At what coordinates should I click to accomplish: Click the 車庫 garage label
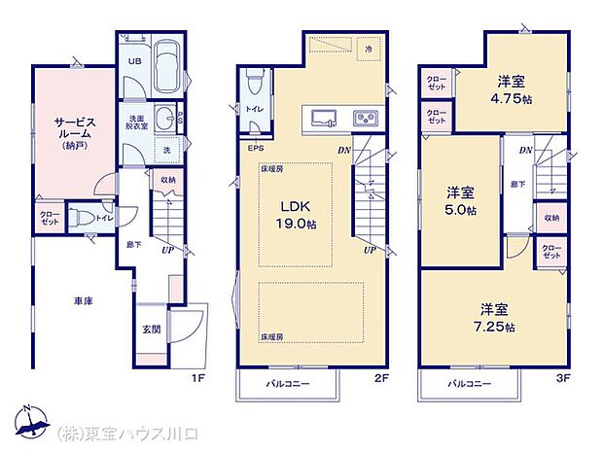coord(82,303)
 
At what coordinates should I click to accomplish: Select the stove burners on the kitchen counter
coord(367,119)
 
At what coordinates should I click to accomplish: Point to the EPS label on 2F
coord(256,149)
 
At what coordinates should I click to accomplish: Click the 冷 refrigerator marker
coord(369,48)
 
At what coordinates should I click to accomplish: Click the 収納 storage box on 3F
coord(551,219)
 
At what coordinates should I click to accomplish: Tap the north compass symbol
coord(33,423)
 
